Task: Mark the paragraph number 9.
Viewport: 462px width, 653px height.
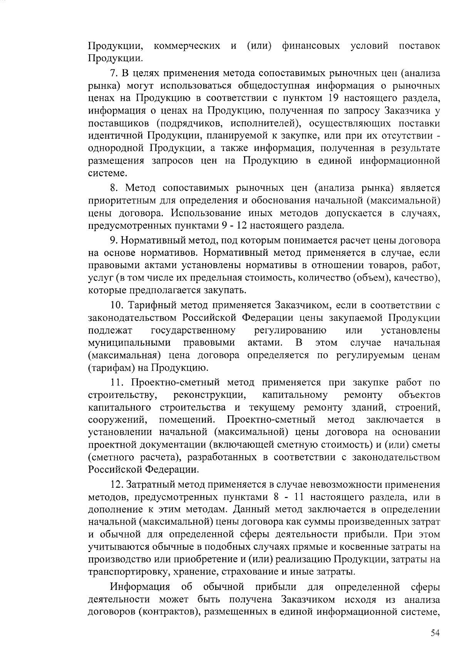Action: tap(113, 240)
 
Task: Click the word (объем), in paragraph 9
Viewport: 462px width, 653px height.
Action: tap(371, 278)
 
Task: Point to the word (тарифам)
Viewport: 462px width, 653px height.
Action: tap(112, 368)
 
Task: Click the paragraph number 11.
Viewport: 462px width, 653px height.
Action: tap(116, 383)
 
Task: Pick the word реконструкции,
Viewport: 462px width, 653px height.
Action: tap(210, 395)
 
